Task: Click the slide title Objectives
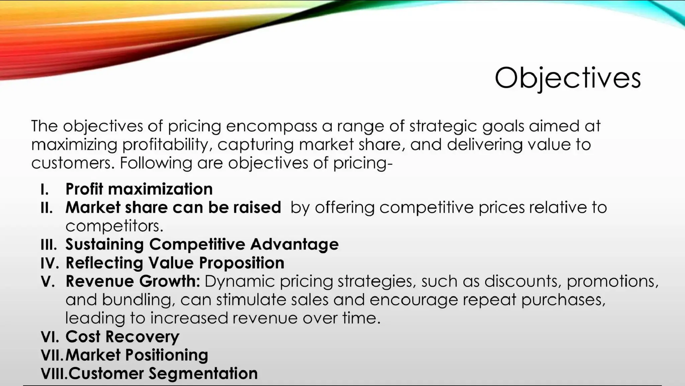tap(567, 78)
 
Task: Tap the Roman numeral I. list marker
tap(45, 189)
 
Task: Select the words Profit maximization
tap(139, 189)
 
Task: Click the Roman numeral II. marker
tap(46, 208)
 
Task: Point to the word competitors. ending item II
tap(114, 226)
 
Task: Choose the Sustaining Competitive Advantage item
tap(202, 244)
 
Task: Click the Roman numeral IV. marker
tap(50, 263)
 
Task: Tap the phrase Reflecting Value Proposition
tap(175, 263)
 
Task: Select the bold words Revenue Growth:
tap(132, 281)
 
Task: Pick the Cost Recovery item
tap(122, 336)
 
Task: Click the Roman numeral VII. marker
tap(52, 355)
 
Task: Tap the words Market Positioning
tap(136, 355)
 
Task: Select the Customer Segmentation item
tap(163, 373)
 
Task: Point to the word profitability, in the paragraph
tap(167, 144)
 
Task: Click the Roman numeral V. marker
tap(48, 281)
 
